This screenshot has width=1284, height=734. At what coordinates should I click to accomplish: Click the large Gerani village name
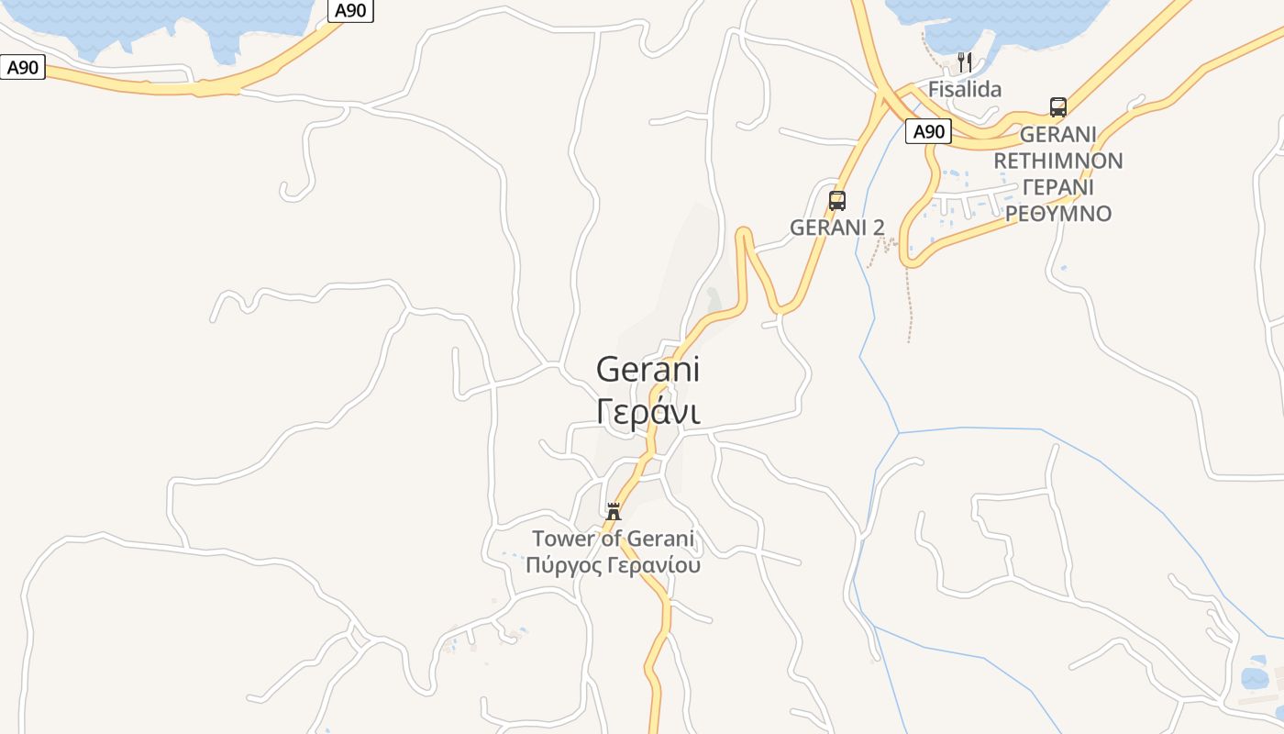[x=648, y=370]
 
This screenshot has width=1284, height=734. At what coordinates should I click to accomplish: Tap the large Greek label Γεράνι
[x=648, y=412]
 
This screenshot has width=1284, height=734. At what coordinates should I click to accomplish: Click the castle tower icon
[x=614, y=511]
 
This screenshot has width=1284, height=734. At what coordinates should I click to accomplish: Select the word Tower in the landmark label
[x=563, y=539]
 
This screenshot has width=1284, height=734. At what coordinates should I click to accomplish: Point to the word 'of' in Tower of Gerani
[x=611, y=539]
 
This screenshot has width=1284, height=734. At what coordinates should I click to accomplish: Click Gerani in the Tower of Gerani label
[x=660, y=539]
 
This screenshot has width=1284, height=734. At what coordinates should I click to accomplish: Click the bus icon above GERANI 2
[x=837, y=200]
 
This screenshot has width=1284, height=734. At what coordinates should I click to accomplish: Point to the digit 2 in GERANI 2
[x=879, y=227]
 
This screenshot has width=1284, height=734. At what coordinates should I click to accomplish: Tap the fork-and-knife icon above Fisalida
[x=964, y=62]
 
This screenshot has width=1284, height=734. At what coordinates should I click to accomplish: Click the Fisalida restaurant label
[x=964, y=89]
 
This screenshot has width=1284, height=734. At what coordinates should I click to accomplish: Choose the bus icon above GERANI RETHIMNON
[x=1057, y=106]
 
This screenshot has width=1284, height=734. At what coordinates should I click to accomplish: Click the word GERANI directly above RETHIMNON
[x=1057, y=134]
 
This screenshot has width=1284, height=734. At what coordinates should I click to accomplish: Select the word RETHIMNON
[x=1057, y=161]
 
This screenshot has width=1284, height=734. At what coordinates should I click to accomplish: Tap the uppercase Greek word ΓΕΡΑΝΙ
[x=1057, y=187]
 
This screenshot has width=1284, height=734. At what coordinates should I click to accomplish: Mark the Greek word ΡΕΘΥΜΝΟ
[x=1057, y=214]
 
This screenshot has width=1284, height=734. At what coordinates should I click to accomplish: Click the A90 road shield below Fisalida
[x=928, y=131]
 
